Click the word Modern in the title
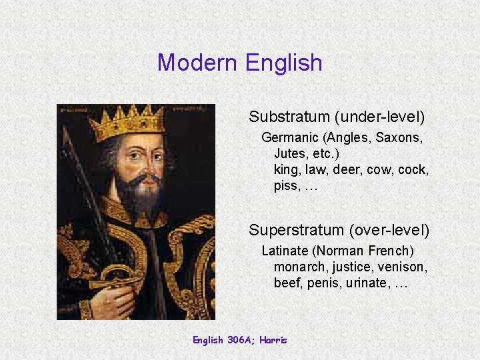pos(198,63)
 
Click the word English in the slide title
pos(284,63)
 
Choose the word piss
pos(286,185)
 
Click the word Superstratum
pos(296,230)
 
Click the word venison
pos(402,267)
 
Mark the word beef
pos(287,283)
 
